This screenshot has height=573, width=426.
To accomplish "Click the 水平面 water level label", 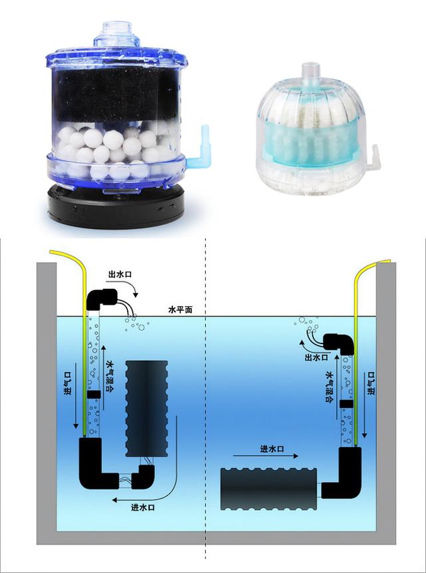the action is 180,310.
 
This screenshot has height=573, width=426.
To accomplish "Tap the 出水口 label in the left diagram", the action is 120,274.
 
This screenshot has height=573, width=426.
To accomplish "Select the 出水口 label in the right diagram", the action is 316,357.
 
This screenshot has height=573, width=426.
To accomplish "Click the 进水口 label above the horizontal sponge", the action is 272,449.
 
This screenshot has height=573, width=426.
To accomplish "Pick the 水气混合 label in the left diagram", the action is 110,376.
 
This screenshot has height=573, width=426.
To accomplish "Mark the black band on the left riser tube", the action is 94,394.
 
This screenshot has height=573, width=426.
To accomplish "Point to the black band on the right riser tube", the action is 346,404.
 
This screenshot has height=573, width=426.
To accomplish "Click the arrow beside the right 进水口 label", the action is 265,456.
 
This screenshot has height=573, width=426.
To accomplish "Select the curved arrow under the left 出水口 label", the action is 134,289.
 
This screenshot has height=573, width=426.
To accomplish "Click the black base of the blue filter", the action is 116,207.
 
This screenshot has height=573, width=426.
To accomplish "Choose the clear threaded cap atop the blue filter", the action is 116,35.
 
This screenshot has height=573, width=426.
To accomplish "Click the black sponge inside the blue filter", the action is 116,95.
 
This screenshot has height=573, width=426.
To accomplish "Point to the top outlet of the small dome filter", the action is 311,75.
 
